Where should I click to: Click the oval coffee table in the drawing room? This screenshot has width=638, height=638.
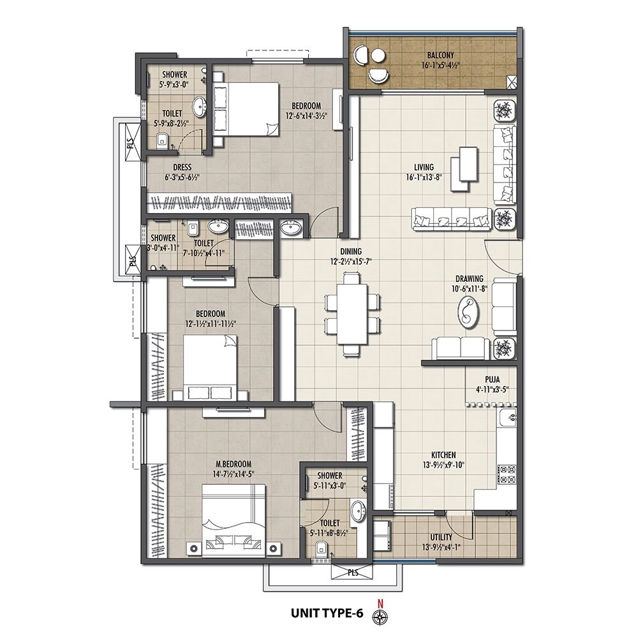point(470,313)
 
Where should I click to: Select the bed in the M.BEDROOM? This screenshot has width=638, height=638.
point(234,516)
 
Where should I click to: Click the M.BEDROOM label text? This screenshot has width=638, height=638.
point(233,464)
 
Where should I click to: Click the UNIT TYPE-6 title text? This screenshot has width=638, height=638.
point(327,614)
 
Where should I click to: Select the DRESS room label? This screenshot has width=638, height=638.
point(174,169)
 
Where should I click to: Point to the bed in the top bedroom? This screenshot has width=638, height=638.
point(246,108)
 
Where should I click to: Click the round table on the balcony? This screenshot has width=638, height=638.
point(376,64)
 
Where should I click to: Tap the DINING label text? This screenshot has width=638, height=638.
point(350,251)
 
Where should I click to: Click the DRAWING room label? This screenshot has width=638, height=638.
point(469,279)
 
